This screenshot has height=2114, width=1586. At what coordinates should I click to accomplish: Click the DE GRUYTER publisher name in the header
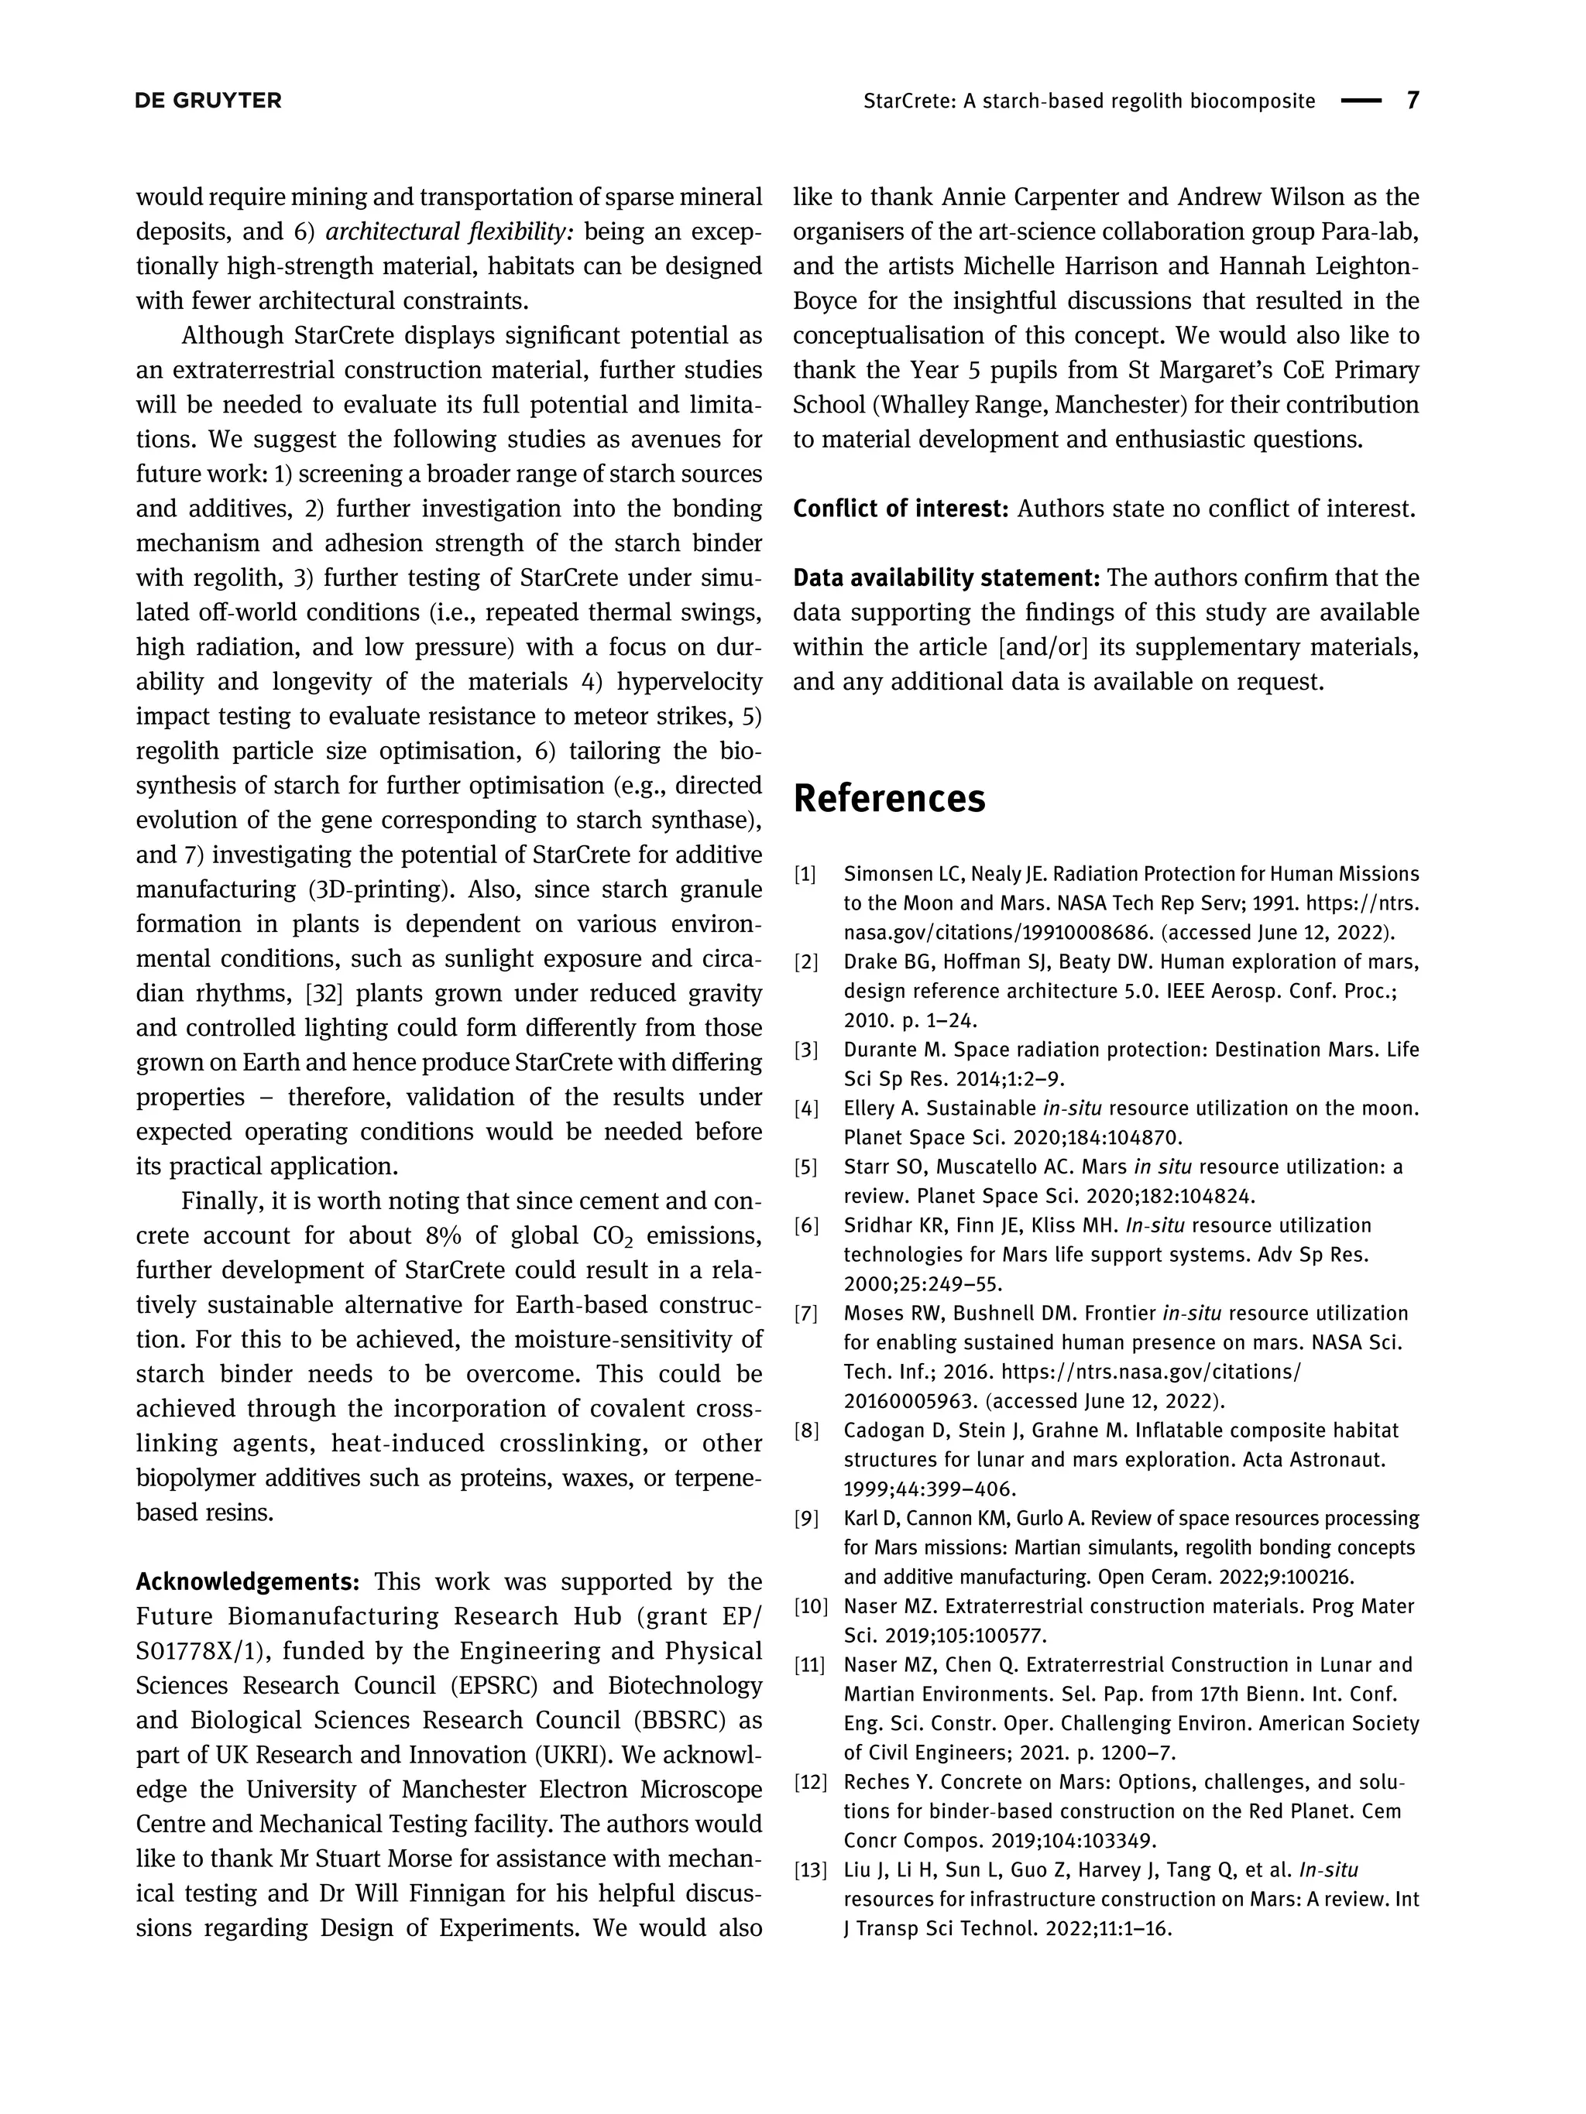point(208,101)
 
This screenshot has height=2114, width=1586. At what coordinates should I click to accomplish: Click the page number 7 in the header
point(1413,101)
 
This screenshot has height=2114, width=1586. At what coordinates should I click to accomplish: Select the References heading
point(888,798)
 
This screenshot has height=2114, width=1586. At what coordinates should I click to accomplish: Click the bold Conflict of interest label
point(901,509)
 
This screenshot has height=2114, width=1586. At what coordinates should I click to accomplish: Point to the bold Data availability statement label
point(946,578)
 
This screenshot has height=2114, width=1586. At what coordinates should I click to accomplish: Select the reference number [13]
point(810,1870)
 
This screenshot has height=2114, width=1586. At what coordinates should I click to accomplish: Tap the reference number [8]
point(806,1430)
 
